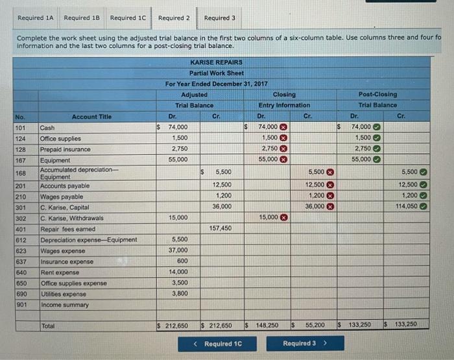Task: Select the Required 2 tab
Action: coord(174,18)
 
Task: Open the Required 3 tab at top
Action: coord(220,18)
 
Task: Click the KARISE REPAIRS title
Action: coord(217,62)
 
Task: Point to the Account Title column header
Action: coord(91,117)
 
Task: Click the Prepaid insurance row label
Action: coord(66,149)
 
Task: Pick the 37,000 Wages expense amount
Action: coord(178,250)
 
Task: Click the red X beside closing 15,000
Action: coord(283,217)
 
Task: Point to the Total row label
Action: coord(48,324)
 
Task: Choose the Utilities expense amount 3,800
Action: coord(180,293)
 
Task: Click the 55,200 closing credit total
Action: coord(315,324)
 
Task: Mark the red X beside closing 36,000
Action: coord(329,206)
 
